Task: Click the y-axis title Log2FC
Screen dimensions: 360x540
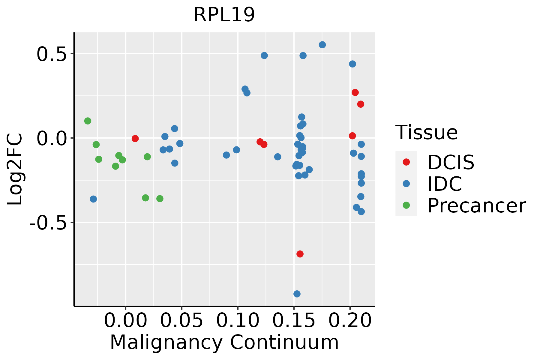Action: pyautogui.click(x=15, y=169)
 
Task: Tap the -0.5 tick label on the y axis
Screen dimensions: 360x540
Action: pyautogui.click(x=47, y=223)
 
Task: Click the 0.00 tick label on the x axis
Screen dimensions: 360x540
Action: pyautogui.click(x=125, y=320)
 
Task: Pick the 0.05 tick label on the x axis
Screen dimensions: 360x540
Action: pyautogui.click(x=181, y=320)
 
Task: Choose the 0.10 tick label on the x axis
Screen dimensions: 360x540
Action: pyautogui.click(x=238, y=320)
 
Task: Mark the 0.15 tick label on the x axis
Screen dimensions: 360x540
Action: pyautogui.click(x=294, y=320)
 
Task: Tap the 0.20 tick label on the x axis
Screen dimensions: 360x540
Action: pyautogui.click(x=350, y=320)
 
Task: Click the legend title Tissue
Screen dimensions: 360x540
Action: pyautogui.click(x=426, y=132)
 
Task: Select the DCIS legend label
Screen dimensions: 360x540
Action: pyautogui.click(x=451, y=162)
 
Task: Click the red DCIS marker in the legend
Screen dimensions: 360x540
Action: pyautogui.click(x=406, y=162)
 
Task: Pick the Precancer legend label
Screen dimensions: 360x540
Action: pyautogui.click(x=476, y=206)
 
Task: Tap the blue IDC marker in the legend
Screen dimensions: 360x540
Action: pyautogui.click(x=406, y=184)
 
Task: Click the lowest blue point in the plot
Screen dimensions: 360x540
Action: pyautogui.click(x=297, y=294)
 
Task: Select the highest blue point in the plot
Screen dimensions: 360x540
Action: pyautogui.click(x=322, y=45)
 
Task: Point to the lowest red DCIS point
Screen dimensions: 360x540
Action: pyautogui.click(x=300, y=254)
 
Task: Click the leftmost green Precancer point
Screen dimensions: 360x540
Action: pyautogui.click(x=88, y=121)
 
